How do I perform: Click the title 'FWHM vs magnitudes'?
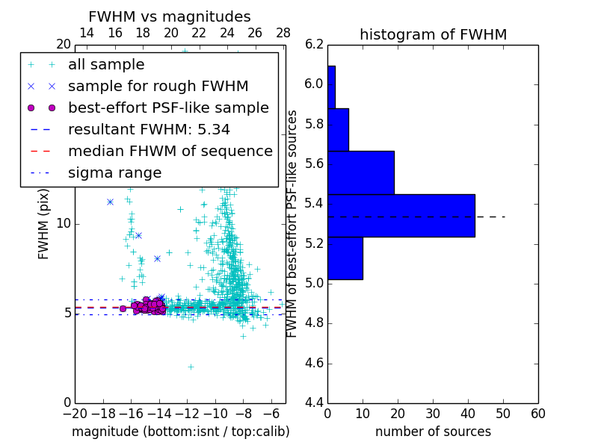pos(170,16)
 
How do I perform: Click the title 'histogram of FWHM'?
pos(433,34)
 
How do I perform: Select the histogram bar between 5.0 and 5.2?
pos(345,258)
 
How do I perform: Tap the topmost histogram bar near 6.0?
pos(331,87)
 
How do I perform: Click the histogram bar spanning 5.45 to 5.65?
pos(360,172)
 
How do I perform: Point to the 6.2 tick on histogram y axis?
pos(315,44)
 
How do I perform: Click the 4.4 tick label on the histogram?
pos(315,403)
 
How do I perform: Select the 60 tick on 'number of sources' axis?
pos(537,414)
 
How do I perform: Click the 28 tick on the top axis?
pos(283,33)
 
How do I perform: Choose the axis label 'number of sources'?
pos(433,432)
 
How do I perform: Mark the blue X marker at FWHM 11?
pos(110,202)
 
